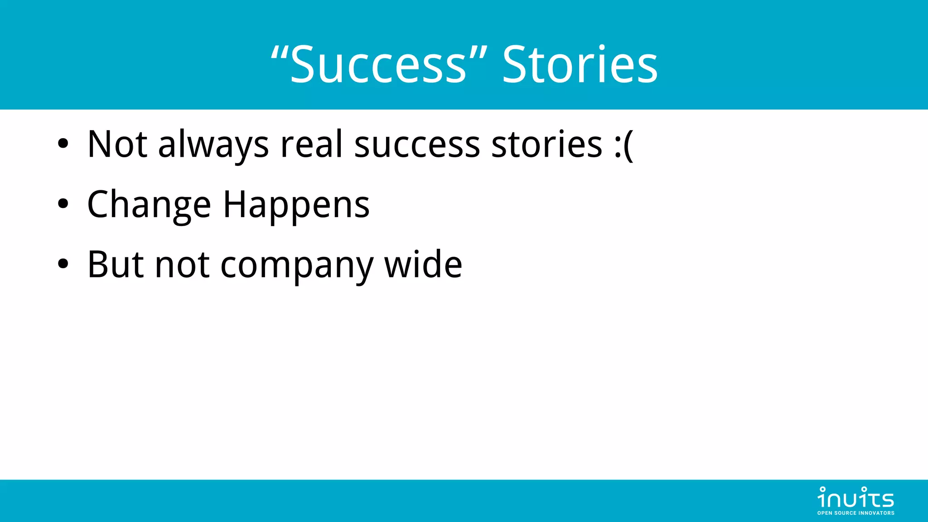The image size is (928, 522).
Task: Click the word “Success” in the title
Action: click(379, 64)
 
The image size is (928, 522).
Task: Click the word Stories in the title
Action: click(580, 64)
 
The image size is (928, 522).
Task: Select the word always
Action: click(213, 145)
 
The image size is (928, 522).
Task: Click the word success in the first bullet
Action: click(417, 145)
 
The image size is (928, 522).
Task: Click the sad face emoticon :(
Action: click(623, 145)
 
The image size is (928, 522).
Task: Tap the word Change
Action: click(149, 205)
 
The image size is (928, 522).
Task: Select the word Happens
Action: click(296, 205)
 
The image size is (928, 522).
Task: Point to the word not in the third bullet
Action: click(182, 265)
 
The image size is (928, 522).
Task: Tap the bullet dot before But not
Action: click(63, 264)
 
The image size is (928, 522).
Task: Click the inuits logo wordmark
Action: click(855, 498)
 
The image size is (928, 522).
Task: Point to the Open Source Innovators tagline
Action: click(855, 513)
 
